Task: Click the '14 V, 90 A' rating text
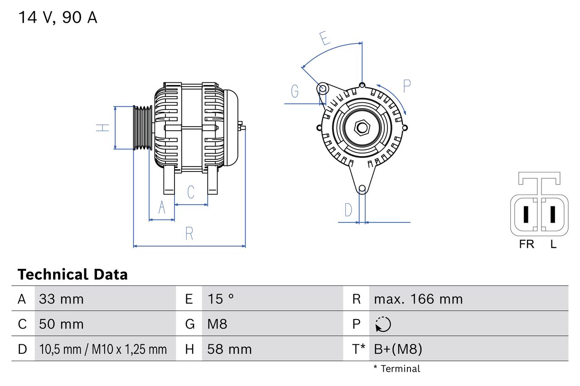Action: click(x=58, y=18)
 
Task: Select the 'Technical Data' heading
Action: click(x=72, y=275)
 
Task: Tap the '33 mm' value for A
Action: click(x=61, y=299)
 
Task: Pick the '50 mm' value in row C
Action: click(x=61, y=324)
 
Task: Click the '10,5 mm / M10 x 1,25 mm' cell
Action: click(x=103, y=349)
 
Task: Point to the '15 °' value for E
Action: click(x=221, y=299)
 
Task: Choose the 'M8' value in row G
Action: click(x=217, y=324)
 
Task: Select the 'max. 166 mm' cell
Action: click(x=418, y=299)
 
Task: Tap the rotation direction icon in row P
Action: click(x=383, y=324)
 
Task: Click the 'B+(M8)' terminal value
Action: click(x=398, y=349)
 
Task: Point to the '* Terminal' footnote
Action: click(x=396, y=369)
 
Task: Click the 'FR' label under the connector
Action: click(x=527, y=244)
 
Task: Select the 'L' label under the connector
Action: click(x=553, y=244)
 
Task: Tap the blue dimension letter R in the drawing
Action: click(x=189, y=234)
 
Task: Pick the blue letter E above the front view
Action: click(x=324, y=39)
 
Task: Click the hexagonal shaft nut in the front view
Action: click(x=362, y=128)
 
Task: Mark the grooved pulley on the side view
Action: click(x=142, y=128)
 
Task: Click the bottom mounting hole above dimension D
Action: click(x=362, y=189)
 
